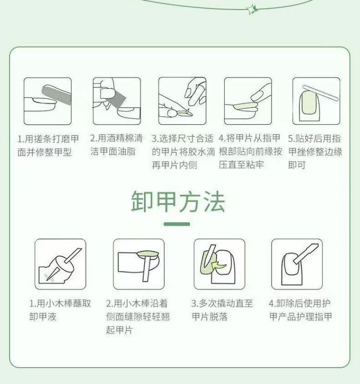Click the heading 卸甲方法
coord(178,201)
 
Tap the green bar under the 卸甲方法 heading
coord(177,224)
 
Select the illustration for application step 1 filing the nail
coord(48,101)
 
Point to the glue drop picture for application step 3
coord(182,101)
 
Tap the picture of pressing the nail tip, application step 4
coord(248,101)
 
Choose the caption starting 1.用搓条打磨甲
coord(48,145)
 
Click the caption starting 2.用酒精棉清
coord(116,145)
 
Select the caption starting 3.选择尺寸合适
coord(183,152)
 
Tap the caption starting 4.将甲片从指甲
coord(250,152)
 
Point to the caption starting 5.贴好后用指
coord(315,152)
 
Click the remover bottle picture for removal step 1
coord(60,264)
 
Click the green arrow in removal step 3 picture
coord(219,265)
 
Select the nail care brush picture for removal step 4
coord(297,264)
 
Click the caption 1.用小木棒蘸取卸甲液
coord(60,310)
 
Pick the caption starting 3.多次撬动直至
coord(222,310)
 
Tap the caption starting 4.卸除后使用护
coord(300,310)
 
